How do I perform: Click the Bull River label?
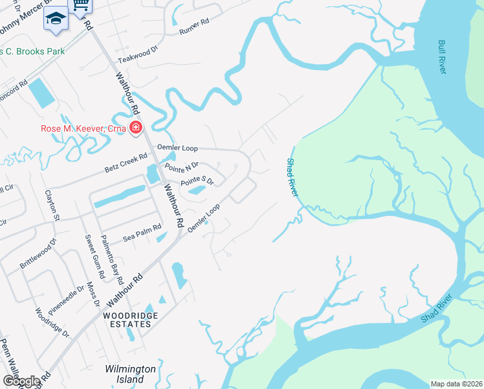pos(442,57)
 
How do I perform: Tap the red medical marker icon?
pos(136,127)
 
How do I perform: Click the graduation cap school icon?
pos(56,19)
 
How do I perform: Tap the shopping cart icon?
pos(80,5)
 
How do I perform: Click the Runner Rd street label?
pos(195,26)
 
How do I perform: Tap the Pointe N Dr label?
pos(181,168)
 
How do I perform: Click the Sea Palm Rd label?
pos(142,235)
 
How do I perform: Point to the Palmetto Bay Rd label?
pos(110,260)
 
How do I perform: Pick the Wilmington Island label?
pos(131,374)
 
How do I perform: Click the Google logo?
pos(21,381)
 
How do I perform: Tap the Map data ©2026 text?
pos(456,384)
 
